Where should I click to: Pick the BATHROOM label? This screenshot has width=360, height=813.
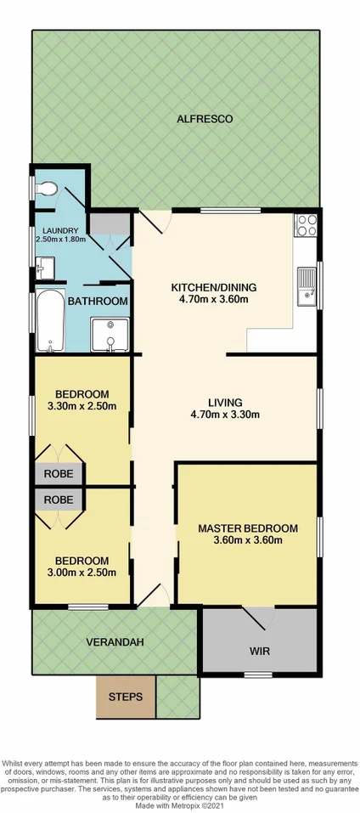(x=98, y=301)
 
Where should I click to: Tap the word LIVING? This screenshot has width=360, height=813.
(x=226, y=402)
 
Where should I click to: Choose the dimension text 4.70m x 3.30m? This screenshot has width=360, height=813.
(x=225, y=415)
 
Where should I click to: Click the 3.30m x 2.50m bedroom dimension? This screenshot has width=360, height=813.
(x=82, y=407)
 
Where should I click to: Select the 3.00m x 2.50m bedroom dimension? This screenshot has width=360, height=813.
(x=82, y=574)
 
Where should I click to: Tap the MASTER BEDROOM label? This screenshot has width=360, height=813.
(x=248, y=528)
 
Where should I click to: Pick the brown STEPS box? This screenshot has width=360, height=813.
(x=125, y=696)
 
